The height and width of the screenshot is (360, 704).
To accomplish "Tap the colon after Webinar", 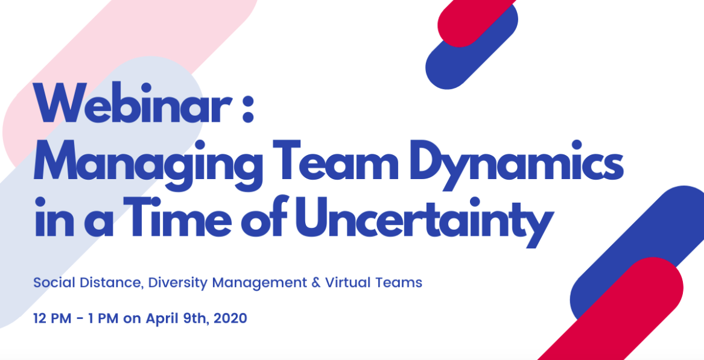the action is pos(248,110).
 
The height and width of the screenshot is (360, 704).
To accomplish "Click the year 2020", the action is pos(230,318).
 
